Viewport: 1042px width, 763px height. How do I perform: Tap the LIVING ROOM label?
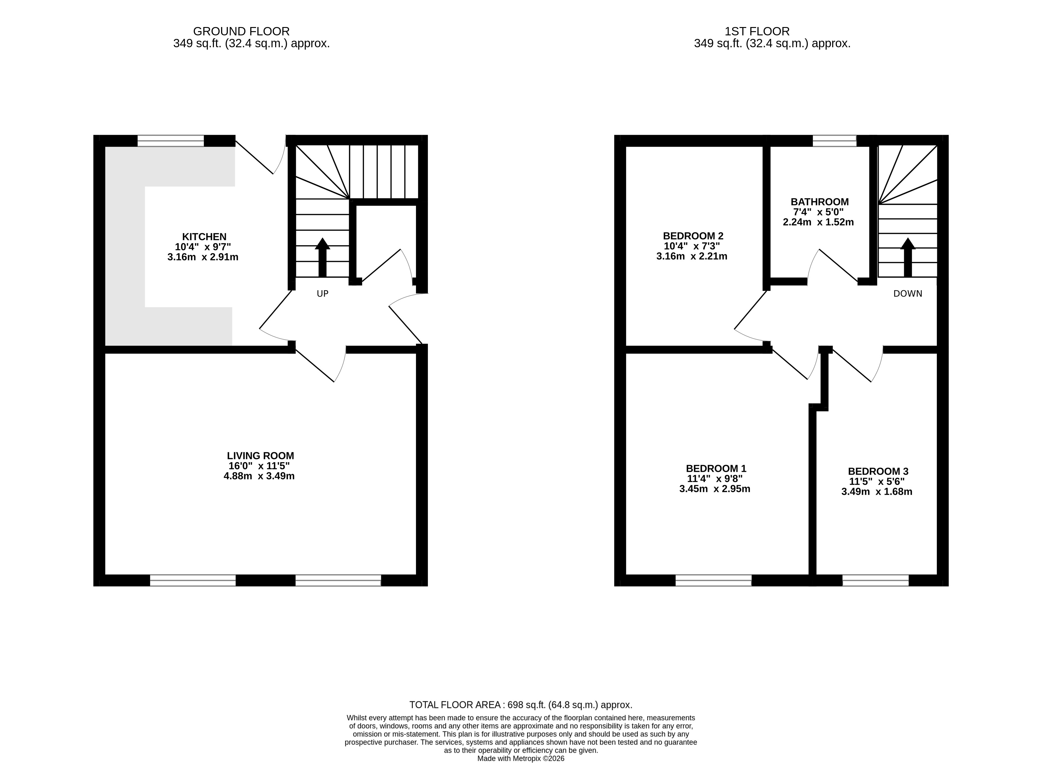261,456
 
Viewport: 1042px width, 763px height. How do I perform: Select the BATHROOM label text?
819,202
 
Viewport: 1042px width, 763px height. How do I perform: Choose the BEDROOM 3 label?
878,472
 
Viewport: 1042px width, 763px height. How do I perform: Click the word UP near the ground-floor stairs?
322,294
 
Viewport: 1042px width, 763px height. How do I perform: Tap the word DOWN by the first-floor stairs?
908,294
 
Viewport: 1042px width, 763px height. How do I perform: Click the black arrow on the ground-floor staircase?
322,257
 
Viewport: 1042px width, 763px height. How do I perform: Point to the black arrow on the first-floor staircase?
908,257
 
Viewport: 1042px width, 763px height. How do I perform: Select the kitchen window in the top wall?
171,141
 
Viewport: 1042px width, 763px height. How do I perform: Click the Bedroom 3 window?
875,581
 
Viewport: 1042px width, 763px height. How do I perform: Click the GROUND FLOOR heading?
241,31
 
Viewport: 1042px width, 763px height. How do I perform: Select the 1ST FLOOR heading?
757,31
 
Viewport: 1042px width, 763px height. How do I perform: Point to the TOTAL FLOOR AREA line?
521,705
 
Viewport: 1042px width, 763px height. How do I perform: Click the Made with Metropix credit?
521,758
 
